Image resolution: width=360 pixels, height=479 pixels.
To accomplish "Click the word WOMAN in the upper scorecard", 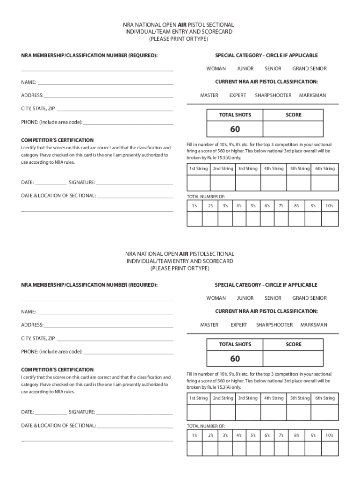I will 216,69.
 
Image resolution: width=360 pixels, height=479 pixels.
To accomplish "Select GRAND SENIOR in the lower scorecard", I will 310,298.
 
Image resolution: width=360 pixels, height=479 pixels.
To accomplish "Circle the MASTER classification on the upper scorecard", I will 209,95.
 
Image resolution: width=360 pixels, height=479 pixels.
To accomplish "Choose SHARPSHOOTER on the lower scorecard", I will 274,325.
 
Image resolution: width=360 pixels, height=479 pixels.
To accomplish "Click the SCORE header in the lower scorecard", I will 294,344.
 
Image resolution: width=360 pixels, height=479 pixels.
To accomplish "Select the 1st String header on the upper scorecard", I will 198,169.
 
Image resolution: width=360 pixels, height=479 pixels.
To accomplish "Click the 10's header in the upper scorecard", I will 329,205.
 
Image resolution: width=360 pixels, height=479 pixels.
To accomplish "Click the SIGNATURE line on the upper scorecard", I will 135,183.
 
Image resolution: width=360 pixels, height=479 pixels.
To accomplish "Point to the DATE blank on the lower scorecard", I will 50,413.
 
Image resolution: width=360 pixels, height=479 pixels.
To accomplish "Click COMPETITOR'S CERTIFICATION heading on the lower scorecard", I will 57,370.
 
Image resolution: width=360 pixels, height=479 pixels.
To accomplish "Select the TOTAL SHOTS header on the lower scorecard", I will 235,344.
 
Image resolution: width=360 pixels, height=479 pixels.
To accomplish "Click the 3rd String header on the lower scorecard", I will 247,398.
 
